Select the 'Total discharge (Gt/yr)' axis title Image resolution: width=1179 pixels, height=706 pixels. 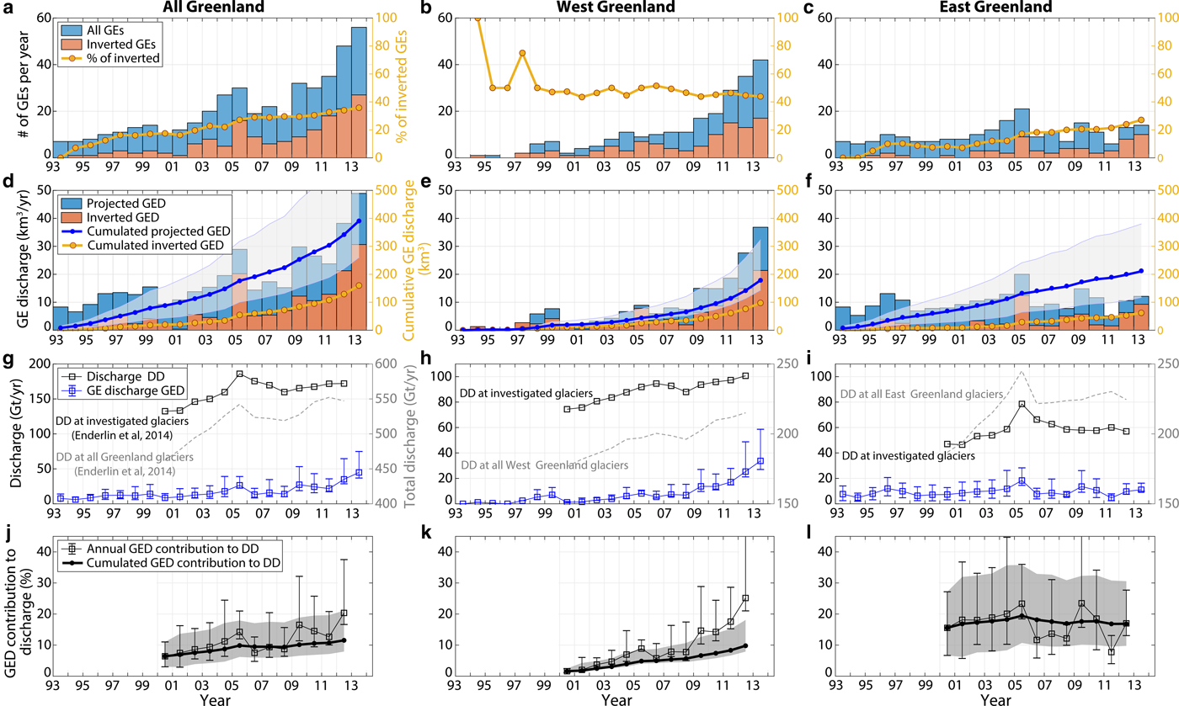point(409,434)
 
